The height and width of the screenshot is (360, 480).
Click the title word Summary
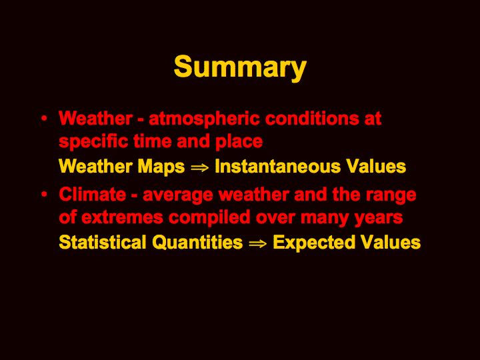coord(240,68)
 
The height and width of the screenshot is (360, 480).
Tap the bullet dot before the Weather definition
coord(45,118)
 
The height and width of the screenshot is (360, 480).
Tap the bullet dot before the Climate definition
coord(45,194)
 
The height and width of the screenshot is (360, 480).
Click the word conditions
coord(312,118)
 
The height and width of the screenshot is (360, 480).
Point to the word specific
coord(93,142)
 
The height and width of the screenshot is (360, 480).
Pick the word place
coord(239,142)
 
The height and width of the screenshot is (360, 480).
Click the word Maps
coord(161,167)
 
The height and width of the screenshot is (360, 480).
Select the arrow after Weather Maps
coord(199,167)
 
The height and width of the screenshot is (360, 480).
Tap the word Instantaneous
coord(277,166)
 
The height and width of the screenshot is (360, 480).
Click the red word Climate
coord(93,195)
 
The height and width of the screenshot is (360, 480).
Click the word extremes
coord(123,217)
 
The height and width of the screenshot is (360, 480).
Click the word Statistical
coord(103,242)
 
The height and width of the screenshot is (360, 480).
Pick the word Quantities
coord(197,242)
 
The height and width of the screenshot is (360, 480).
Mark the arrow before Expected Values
coord(258,244)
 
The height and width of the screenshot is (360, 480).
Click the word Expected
coord(314,243)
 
